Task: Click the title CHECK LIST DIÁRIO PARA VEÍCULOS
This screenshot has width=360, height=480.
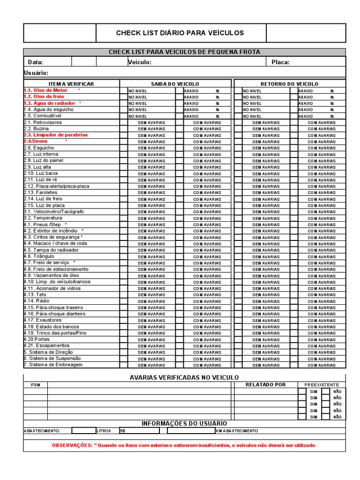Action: [180, 33]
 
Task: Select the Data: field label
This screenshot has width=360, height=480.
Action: [36, 62]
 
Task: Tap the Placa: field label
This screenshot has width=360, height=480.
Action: [280, 62]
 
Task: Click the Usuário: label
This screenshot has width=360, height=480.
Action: [36, 73]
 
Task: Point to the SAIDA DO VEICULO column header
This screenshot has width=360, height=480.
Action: [175, 84]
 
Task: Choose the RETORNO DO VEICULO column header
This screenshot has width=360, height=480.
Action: [289, 84]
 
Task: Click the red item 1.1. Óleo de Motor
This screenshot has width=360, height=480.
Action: [45, 90]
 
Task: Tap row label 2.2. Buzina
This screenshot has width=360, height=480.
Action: [36, 128]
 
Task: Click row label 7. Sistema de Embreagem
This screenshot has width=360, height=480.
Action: [53, 365]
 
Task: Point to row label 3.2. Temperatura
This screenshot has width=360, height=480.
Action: [43, 218]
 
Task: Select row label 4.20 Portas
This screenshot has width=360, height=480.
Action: [36, 339]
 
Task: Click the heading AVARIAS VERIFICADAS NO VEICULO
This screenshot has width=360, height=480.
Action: [184, 377]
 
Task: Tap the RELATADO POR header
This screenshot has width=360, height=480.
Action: [265, 385]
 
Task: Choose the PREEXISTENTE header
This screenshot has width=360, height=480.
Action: [321, 385]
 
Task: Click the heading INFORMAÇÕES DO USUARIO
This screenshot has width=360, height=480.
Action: [184, 423]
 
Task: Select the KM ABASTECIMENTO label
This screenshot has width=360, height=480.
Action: [237, 431]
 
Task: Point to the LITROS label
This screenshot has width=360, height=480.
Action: [104, 431]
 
